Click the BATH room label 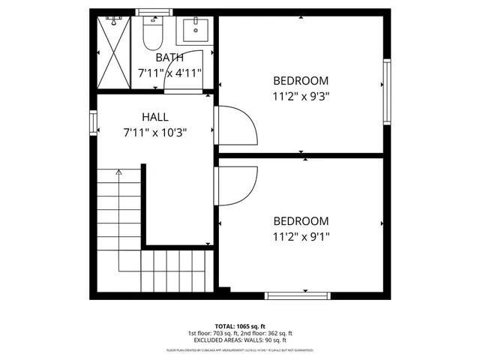coord(169,58)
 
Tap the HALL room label coord(155,117)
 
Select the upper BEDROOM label coord(301,80)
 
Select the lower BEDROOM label coord(301,221)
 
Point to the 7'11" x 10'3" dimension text coord(155,132)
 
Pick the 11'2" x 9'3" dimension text coord(301,95)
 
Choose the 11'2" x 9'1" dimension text coord(301,236)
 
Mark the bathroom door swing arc coord(187,69)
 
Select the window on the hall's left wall coord(94,124)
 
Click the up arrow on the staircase coord(118,174)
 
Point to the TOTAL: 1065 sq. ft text coord(240,326)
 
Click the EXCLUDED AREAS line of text coord(240,340)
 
